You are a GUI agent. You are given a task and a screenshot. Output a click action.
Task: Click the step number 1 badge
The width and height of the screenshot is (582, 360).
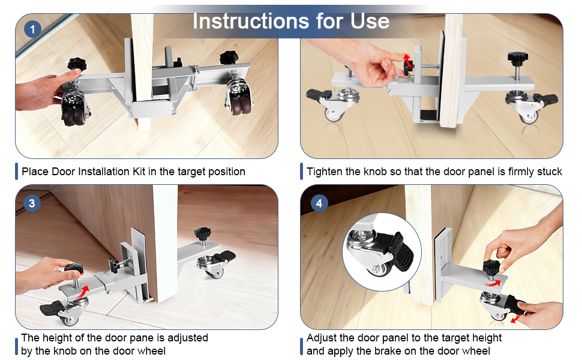pyautogui.click(x=32, y=29)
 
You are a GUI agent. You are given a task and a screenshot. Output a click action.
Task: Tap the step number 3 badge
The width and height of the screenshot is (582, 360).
pyautogui.click(x=32, y=203)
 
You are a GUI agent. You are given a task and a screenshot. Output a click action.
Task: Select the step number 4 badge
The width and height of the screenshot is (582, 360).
pyautogui.click(x=319, y=203)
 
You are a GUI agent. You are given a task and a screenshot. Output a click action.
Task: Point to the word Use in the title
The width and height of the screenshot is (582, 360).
pyautogui.click(x=370, y=21)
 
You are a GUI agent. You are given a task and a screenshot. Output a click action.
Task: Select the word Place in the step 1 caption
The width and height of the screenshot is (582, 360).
pyautogui.click(x=35, y=172)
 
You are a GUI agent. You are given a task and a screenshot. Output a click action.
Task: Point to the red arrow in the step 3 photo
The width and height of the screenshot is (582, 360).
pyautogui.click(x=83, y=292)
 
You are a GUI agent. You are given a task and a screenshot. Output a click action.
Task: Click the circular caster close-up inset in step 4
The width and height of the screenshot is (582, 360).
pyautogui.click(x=382, y=251)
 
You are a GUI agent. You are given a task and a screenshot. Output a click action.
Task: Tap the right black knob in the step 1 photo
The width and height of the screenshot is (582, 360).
pyautogui.click(x=229, y=58)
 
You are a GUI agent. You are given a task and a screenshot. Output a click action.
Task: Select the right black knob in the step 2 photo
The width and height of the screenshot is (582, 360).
pyautogui.click(x=518, y=58)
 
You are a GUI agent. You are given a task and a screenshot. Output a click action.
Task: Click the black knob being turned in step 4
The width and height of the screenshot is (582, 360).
pyautogui.click(x=491, y=267)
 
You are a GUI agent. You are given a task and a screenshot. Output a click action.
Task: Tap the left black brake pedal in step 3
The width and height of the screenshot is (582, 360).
pyautogui.click(x=51, y=308)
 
